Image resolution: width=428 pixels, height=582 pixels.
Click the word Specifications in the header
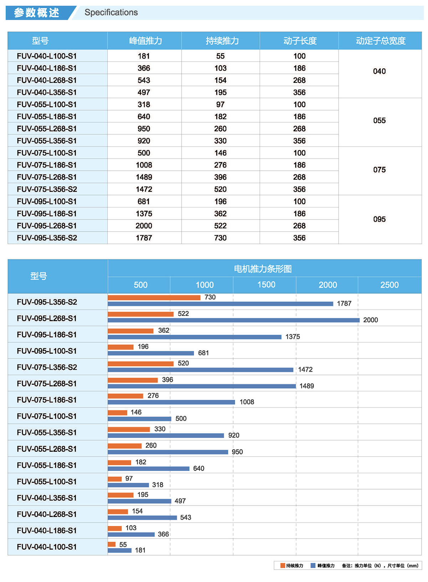[111, 12]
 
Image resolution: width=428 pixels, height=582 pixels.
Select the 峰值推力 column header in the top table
[145, 41]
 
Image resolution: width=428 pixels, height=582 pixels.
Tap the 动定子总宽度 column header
[380, 41]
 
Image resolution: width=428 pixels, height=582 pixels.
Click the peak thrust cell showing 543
[144, 80]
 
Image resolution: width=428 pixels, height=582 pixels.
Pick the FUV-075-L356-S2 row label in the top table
[47, 189]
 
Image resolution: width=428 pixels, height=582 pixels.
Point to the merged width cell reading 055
[379, 121]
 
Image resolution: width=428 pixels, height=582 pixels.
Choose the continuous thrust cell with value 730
[220, 238]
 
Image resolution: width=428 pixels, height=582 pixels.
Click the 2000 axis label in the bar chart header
[327, 285]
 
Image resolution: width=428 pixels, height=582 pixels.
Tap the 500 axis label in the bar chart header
[141, 285]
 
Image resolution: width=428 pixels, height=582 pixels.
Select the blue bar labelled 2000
[234, 320]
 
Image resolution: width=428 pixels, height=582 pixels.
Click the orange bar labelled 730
[154, 297]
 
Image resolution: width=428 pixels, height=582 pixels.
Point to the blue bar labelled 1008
[171, 402]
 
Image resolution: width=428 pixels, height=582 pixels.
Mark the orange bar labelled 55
[112, 545]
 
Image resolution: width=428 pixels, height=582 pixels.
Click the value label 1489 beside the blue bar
[306, 386]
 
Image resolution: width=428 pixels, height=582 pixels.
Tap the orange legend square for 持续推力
[282, 566]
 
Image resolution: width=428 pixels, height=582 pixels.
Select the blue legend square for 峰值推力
[313, 566]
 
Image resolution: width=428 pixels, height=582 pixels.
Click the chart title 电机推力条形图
[263, 269]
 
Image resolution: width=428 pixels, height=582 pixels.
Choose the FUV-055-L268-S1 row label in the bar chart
[47, 449]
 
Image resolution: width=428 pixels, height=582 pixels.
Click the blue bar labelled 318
[128, 485]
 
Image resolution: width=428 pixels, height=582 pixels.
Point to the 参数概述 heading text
[36, 13]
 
